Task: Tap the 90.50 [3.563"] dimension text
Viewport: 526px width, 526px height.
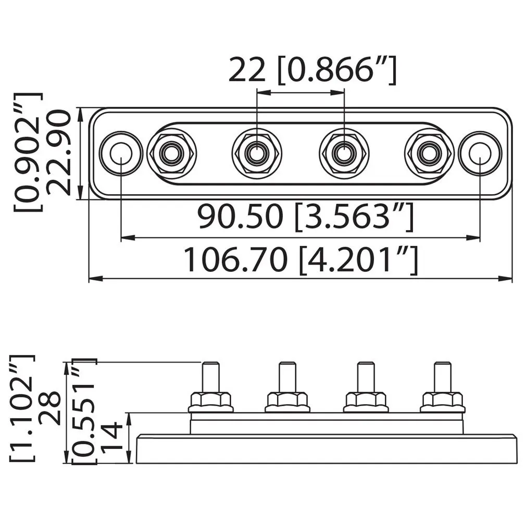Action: click(x=306, y=218)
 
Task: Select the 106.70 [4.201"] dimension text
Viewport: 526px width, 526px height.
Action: click(x=301, y=260)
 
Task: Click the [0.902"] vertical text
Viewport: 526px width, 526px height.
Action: click(x=28, y=152)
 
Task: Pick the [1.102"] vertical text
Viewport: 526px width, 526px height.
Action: click(x=22, y=408)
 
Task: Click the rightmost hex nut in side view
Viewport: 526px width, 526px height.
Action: click(x=443, y=401)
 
